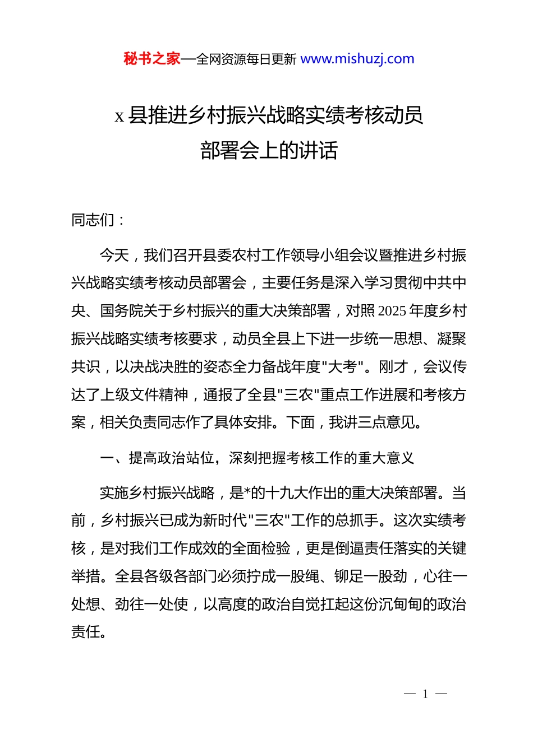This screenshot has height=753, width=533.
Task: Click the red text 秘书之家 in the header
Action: (151, 59)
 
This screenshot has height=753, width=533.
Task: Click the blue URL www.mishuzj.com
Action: (357, 59)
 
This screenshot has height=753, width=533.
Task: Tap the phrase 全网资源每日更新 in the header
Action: (246, 59)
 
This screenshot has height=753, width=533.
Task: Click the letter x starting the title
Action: (119, 117)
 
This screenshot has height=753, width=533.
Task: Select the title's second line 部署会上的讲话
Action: (269, 151)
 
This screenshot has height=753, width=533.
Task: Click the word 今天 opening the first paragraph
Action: (114, 255)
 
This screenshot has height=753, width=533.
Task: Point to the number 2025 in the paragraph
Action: (392, 311)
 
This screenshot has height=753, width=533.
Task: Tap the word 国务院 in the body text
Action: (122, 311)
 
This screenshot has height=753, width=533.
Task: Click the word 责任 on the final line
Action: (85, 632)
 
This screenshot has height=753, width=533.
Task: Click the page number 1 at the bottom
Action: (425, 694)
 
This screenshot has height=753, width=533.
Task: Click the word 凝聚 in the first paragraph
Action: (452, 339)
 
